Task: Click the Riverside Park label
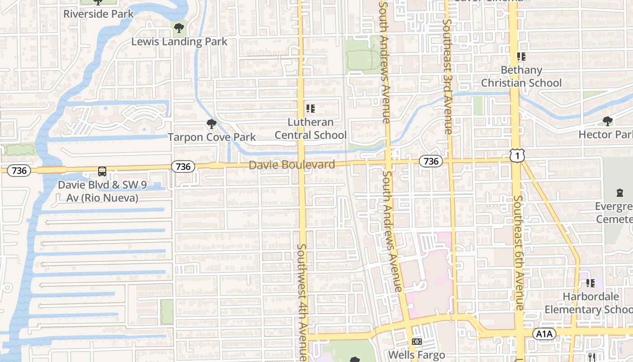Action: coord(99,14)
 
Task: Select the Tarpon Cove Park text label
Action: coord(212,137)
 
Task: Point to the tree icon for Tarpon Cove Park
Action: coord(211,124)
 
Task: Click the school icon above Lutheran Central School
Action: coord(310,109)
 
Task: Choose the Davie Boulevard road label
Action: coord(292,165)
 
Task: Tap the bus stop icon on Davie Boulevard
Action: coord(102,171)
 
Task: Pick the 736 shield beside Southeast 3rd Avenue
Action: coord(431,161)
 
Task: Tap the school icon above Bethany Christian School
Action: coord(521,57)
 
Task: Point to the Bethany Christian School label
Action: coord(521,76)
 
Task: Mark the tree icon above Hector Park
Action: coord(608,121)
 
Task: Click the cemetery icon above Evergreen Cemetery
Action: coord(619,193)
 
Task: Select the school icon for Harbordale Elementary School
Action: coord(590,283)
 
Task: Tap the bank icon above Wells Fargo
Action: coord(417,342)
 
